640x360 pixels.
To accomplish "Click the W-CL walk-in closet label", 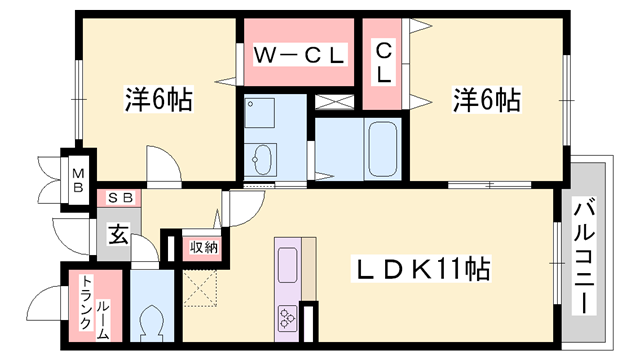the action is (x=297, y=55).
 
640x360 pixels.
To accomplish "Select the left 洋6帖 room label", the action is (x=158, y=100).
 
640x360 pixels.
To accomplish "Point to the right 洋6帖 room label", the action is (x=487, y=100).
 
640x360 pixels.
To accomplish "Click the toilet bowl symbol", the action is (x=152, y=321).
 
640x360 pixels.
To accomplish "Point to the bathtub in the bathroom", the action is (x=383, y=149).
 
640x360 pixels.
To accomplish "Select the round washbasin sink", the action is (x=265, y=156).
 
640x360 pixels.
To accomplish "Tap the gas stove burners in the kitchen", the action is (x=287, y=319).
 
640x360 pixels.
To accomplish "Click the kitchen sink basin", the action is (x=287, y=264).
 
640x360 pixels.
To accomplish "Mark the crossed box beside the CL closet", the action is (x=332, y=101).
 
